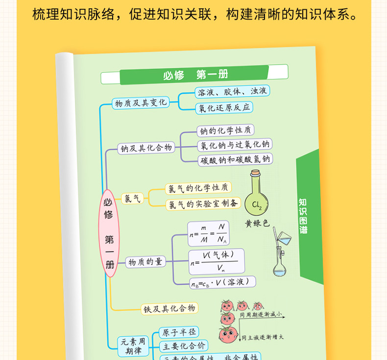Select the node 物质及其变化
[140, 103]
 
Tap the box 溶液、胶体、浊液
[232, 91]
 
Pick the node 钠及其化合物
[146, 148]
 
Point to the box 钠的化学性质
[225, 130]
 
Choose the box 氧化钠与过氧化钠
[234, 145]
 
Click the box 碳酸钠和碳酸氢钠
[235, 159]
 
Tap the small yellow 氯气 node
[132, 199]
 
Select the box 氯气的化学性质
[198, 188]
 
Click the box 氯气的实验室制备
[202, 204]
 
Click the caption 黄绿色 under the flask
[257, 223]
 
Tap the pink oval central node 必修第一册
[109, 233]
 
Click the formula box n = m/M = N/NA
[208, 233]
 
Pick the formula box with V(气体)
[216, 261]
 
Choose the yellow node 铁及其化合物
[169, 309]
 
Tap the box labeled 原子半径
[178, 332]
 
